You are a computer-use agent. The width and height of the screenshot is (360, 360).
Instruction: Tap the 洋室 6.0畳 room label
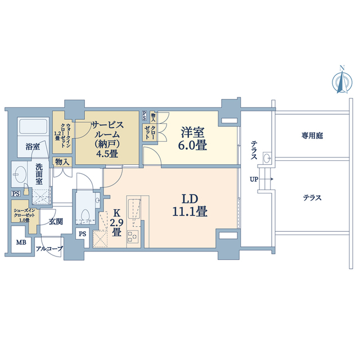(193, 138)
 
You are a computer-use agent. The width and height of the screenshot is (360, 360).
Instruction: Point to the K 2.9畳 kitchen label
(117, 222)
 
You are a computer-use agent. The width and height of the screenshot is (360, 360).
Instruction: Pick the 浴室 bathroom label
(32, 147)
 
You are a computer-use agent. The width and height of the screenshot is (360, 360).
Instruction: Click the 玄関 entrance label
(55, 221)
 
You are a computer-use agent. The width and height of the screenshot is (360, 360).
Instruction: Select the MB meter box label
(20, 244)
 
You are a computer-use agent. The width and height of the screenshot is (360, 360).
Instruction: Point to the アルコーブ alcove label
(49, 248)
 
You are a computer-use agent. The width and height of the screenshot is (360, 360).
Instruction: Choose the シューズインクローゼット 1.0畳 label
(23, 215)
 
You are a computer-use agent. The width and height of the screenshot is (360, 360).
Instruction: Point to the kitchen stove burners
(132, 236)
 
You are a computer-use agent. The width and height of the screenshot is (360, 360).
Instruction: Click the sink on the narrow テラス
(268, 157)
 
